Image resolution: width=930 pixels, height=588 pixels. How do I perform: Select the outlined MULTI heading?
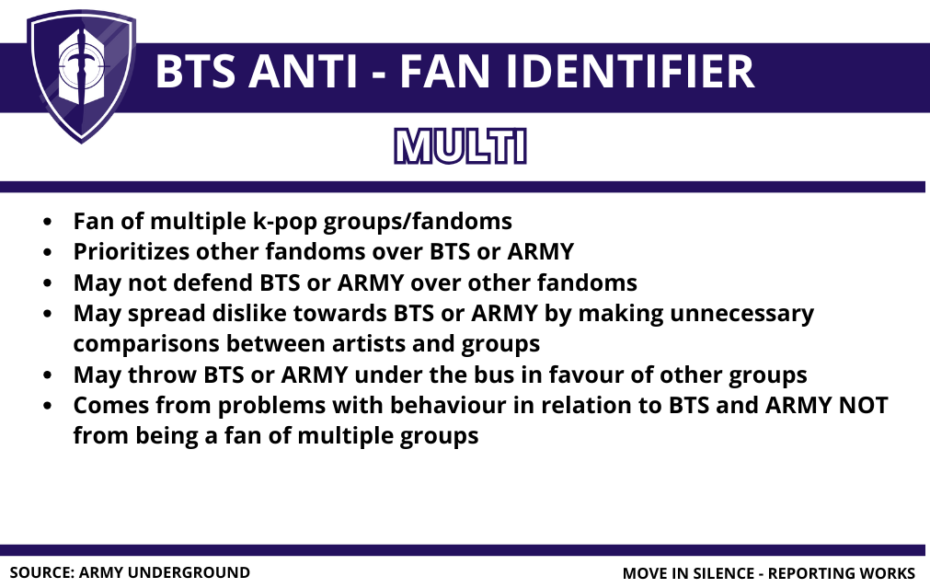click(x=460, y=146)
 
